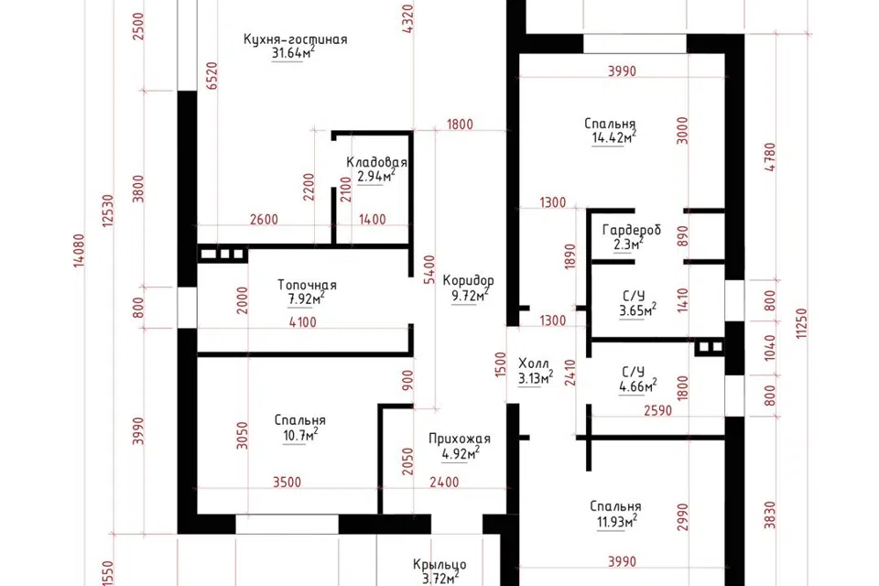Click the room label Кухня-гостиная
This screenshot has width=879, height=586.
[x=296, y=39]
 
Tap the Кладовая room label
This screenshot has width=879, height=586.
[x=376, y=162]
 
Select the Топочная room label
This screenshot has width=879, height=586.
[x=308, y=285]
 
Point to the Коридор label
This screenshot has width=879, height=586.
[x=469, y=280]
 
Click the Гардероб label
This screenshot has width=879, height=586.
[x=632, y=230]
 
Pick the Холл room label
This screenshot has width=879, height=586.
[x=534, y=364]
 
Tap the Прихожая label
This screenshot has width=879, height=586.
[x=460, y=439]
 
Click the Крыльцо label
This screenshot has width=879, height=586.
[x=439, y=565]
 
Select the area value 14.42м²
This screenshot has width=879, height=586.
[x=613, y=137]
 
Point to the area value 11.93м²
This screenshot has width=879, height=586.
[x=616, y=522]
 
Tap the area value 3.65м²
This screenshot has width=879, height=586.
[x=638, y=310]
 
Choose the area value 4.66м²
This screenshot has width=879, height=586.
[x=638, y=385]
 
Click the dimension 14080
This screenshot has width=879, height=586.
[x=79, y=251]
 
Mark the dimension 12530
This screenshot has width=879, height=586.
[x=108, y=211]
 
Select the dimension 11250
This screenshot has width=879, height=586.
[x=802, y=323]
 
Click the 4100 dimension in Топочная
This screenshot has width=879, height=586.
[x=303, y=322]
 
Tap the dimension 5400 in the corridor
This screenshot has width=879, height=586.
[x=429, y=270]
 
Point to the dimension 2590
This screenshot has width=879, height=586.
[x=657, y=410]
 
